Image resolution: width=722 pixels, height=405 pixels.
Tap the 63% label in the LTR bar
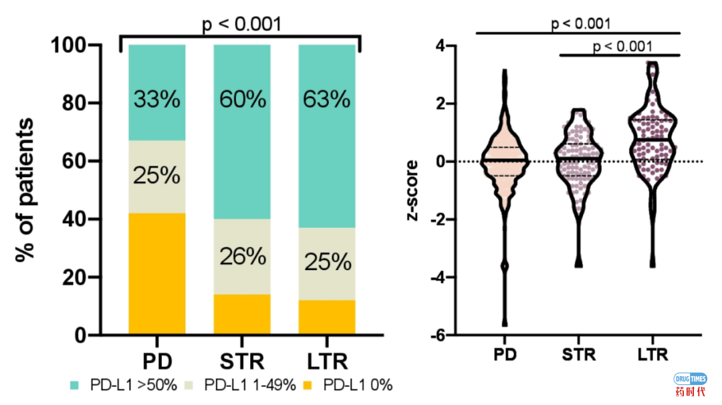tap(327, 100)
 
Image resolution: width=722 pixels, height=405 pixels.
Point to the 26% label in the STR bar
tap(242, 257)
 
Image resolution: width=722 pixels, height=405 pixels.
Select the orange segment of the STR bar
tap(242, 313)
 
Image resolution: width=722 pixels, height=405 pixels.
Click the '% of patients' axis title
tap(26, 190)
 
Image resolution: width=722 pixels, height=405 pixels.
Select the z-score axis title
tap(412, 190)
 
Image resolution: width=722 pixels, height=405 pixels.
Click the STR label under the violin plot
tap(579, 354)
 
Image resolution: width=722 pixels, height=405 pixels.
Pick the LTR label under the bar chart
tap(327, 363)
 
